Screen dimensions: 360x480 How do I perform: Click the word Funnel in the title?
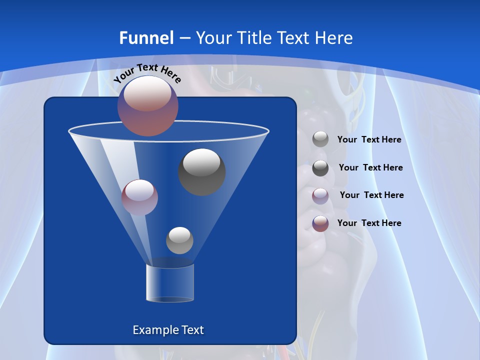[146, 38]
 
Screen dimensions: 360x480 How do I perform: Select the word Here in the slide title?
[333, 38]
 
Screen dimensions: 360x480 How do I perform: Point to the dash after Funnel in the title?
[184, 38]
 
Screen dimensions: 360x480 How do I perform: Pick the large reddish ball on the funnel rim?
[148, 105]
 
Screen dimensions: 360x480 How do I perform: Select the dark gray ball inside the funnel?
[201, 171]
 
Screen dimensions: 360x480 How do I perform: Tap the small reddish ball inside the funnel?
[139, 197]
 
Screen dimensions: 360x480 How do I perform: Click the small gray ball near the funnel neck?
[179, 240]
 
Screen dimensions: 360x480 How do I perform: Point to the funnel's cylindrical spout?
[169, 282]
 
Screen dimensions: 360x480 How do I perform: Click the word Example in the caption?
[155, 330]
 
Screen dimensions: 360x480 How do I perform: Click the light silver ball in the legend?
[320, 139]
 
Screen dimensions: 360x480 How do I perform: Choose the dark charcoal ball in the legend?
[320, 168]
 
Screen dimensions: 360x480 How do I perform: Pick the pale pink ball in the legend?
[320, 195]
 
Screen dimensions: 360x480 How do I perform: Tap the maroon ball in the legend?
[320, 223]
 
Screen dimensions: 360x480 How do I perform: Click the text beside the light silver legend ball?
[369, 140]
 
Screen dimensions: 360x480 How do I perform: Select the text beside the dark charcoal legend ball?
[370, 168]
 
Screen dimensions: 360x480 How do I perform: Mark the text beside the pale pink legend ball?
[371, 195]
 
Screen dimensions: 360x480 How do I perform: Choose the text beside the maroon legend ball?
[369, 223]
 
